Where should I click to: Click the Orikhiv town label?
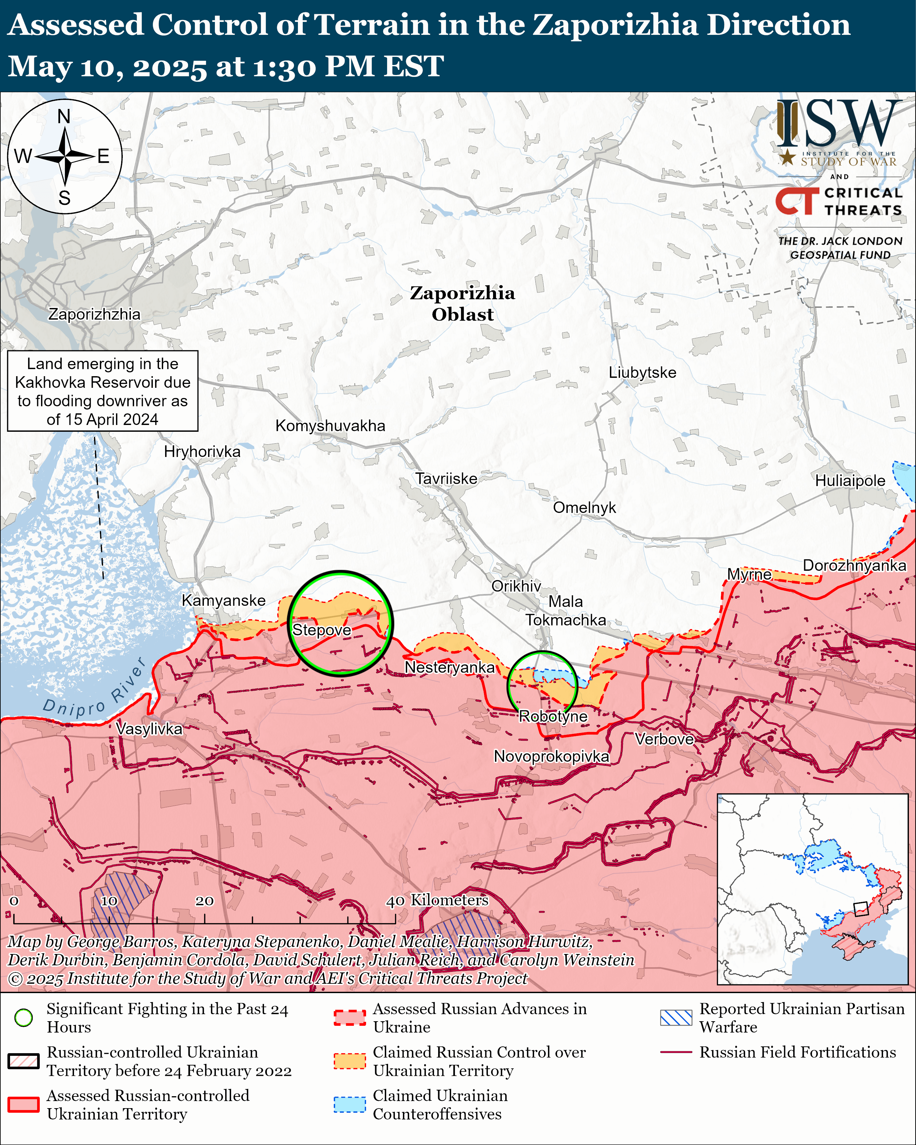coord(516,586)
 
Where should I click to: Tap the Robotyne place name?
coord(553,716)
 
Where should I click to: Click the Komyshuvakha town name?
coord(330,426)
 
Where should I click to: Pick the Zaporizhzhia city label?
coord(95,314)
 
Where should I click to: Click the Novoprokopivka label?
coord(551,756)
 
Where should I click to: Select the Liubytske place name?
coord(642,373)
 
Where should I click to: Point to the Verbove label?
coord(664,739)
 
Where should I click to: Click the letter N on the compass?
coord(64,116)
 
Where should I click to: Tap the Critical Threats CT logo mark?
coord(796,201)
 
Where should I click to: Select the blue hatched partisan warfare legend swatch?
coord(676,1018)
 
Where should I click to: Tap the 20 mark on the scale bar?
coord(205,901)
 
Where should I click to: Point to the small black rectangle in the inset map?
coord(860,909)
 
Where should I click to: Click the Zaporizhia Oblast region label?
coord(462,304)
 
